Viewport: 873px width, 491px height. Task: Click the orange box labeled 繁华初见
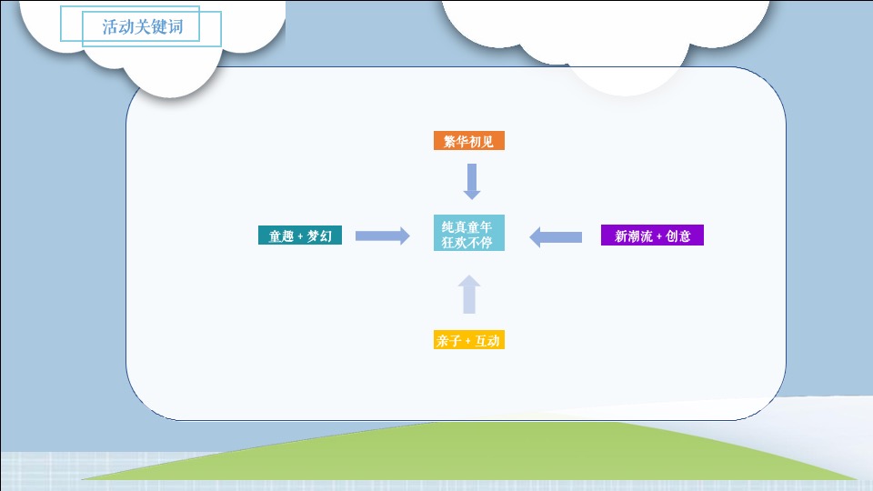coord(468,141)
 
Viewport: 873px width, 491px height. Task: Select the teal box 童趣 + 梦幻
coord(300,236)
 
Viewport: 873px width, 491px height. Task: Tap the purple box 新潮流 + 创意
coord(652,236)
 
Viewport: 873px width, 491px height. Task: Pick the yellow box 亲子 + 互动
coord(468,341)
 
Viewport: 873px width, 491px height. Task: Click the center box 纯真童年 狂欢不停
coord(468,234)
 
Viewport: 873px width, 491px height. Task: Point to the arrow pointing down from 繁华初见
coord(471,181)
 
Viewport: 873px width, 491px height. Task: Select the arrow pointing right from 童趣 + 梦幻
coord(382,236)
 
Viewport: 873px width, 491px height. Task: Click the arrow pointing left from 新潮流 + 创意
coord(556,236)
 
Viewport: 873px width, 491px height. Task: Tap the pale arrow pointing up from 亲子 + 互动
coord(469,296)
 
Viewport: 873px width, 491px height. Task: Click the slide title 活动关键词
coord(142,26)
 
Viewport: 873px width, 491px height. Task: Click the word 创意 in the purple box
coord(678,236)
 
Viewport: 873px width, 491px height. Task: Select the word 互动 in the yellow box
coord(488,341)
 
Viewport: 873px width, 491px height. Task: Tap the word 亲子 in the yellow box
coord(448,341)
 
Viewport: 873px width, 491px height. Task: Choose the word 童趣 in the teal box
coord(281,236)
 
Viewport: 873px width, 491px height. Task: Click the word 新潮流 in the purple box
coord(633,236)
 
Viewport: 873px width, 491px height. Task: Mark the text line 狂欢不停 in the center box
coord(467,243)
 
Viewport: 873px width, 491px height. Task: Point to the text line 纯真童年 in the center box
coord(467,226)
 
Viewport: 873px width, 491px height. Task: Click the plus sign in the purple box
coord(659,237)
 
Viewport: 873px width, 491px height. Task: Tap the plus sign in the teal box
coord(300,237)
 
